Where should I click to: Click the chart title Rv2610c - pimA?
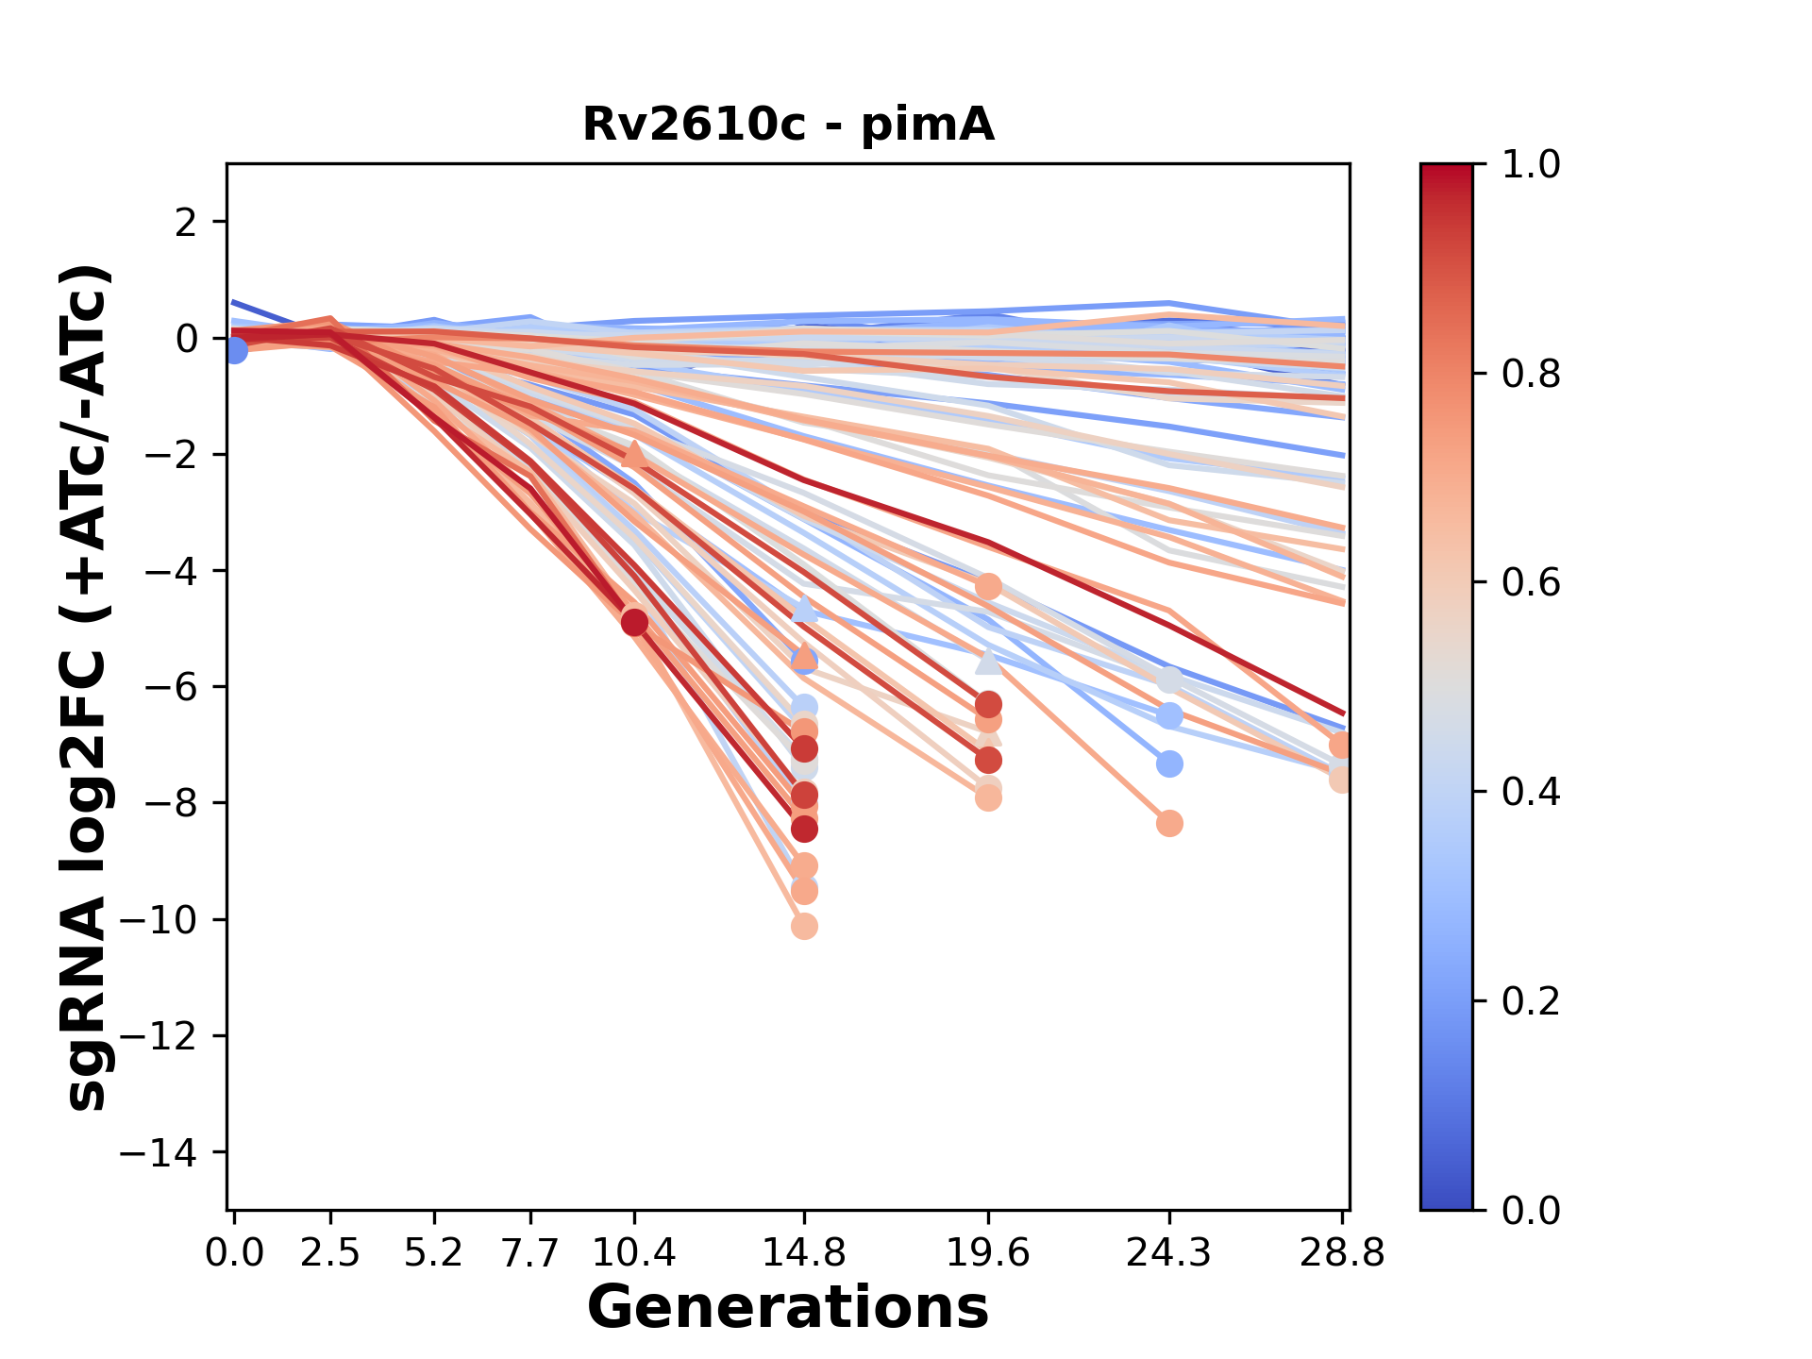pos(788,125)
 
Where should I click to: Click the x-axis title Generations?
pos(788,1308)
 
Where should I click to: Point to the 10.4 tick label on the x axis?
pos(634,1253)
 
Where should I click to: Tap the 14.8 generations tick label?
pos(804,1253)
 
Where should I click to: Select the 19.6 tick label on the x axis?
pos(988,1253)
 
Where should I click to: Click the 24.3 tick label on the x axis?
pos(1169,1253)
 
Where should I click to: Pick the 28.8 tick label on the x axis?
pos(1342,1253)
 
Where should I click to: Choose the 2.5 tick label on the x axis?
pos(330,1253)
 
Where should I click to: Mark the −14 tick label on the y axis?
pos(170,1152)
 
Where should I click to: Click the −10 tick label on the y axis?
pos(170,920)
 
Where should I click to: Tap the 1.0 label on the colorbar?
pos(1531,165)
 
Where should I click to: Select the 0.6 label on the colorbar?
pos(1531,583)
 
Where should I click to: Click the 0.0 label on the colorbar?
pos(1531,1210)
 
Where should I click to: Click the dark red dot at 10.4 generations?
pos(634,623)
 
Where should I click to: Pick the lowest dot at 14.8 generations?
pos(804,927)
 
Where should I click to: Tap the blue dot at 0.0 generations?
pos(235,350)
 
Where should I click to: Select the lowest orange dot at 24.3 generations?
pos(1169,824)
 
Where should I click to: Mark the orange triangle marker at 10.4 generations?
pos(634,455)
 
